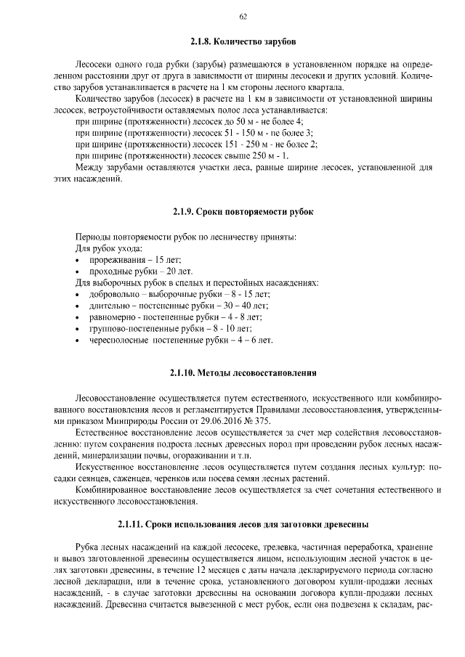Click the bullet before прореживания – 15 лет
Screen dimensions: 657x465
78,260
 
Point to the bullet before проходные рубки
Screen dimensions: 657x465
78,271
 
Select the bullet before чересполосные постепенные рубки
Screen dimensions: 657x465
78,340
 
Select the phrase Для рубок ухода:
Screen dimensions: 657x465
105,248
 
